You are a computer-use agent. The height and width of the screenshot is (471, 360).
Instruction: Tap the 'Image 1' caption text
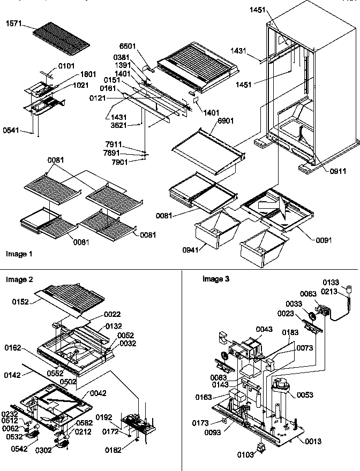[19, 254]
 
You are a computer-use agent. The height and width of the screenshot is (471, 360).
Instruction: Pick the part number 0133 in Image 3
[330, 282]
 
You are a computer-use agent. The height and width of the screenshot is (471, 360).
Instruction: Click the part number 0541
[10, 130]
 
